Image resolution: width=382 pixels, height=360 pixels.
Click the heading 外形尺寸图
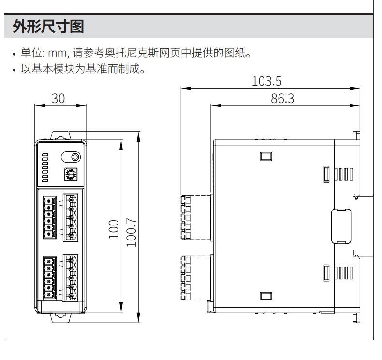pyautogui.click(x=48, y=26)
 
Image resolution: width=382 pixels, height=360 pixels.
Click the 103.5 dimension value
pyautogui.click(x=267, y=81)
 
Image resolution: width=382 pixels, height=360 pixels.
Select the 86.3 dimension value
pyautogui.click(x=282, y=99)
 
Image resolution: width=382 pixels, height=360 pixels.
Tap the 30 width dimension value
pyautogui.click(x=58, y=99)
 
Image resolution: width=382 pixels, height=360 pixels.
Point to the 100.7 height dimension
pyautogui.click(x=132, y=232)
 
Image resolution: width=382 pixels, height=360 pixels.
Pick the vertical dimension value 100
pyautogui.click(x=114, y=229)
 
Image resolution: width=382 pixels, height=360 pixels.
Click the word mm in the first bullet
pyautogui.click(x=57, y=53)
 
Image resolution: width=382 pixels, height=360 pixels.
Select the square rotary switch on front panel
pyautogui.click(x=71, y=174)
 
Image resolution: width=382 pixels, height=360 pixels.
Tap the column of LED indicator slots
pyautogui.click(x=45, y=168)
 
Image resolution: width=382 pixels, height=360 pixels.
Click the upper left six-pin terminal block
pyautogui.click(x=50, y=217)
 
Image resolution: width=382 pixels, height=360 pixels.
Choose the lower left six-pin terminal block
pyautogui.click(x=50, y=278)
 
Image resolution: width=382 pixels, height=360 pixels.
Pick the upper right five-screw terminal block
pyautogui.click(x=71, y=217)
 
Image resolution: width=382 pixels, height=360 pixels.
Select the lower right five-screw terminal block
pyautogui.click(x=71, y=278)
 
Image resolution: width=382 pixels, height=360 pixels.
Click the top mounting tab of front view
pyautogui.click(x=60, y=135)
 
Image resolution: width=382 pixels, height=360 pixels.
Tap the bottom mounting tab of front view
pyautogui.click(x=60, y=318)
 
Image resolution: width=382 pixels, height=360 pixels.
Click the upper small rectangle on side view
pyautogui.click(x=266, y=156)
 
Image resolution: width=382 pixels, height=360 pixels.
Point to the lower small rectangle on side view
pyautogui.click(x=266, y=296)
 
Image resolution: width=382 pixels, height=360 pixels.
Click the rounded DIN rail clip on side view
pyautogui.click(x=341, y=226)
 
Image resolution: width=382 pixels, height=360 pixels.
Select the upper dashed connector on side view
pyautogui.click(x=196, y=217)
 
